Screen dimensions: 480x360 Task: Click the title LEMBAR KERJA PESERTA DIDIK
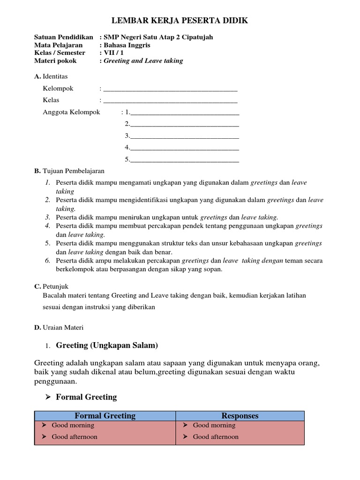pos(180,21)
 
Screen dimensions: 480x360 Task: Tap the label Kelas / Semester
pos(59,53)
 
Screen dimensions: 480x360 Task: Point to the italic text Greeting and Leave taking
pos(143,61)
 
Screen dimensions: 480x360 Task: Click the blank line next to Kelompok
pos(170,89)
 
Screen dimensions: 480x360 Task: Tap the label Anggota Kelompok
pos(71,112)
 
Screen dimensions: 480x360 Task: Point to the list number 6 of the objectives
pos(48,260)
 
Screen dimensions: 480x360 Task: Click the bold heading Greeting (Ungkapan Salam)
pos(107,345)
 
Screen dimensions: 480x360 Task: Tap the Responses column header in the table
pos(240,416)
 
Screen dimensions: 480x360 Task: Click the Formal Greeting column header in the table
pos(105,416)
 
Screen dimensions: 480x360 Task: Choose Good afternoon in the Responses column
pos(216,437)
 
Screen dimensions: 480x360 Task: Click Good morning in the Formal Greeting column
pos(73,426)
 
